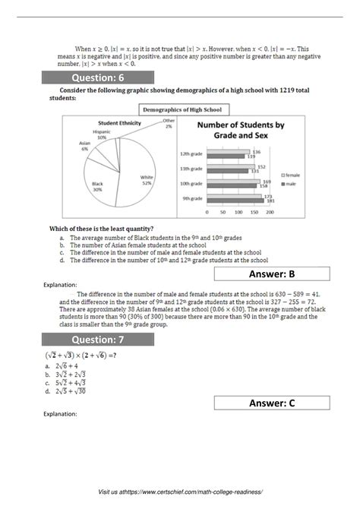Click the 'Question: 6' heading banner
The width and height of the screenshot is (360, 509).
99,77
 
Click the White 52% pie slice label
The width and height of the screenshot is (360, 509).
147,179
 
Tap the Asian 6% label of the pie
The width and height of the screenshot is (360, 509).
84,147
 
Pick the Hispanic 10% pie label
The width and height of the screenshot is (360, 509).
102,135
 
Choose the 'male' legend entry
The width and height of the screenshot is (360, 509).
289,183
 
